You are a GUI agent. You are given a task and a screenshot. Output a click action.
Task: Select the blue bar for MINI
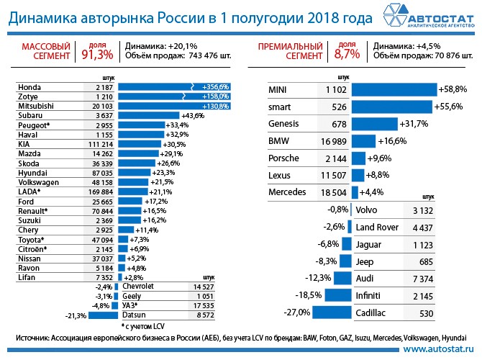point(393,89)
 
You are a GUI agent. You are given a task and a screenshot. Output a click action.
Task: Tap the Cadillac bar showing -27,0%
point(333,312)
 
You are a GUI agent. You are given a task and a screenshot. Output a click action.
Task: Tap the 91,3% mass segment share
point(93,55)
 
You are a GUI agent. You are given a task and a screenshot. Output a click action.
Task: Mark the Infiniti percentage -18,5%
point(309,295)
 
